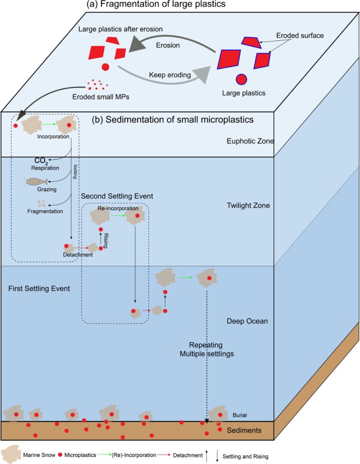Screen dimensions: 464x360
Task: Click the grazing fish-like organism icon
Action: [37, 181]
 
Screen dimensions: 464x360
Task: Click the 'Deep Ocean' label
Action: [247, 321]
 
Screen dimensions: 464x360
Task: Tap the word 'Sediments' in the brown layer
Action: [245, 430]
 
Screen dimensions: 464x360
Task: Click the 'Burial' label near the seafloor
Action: [240, 415]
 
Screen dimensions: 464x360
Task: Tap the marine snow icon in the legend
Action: [10, 454]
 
